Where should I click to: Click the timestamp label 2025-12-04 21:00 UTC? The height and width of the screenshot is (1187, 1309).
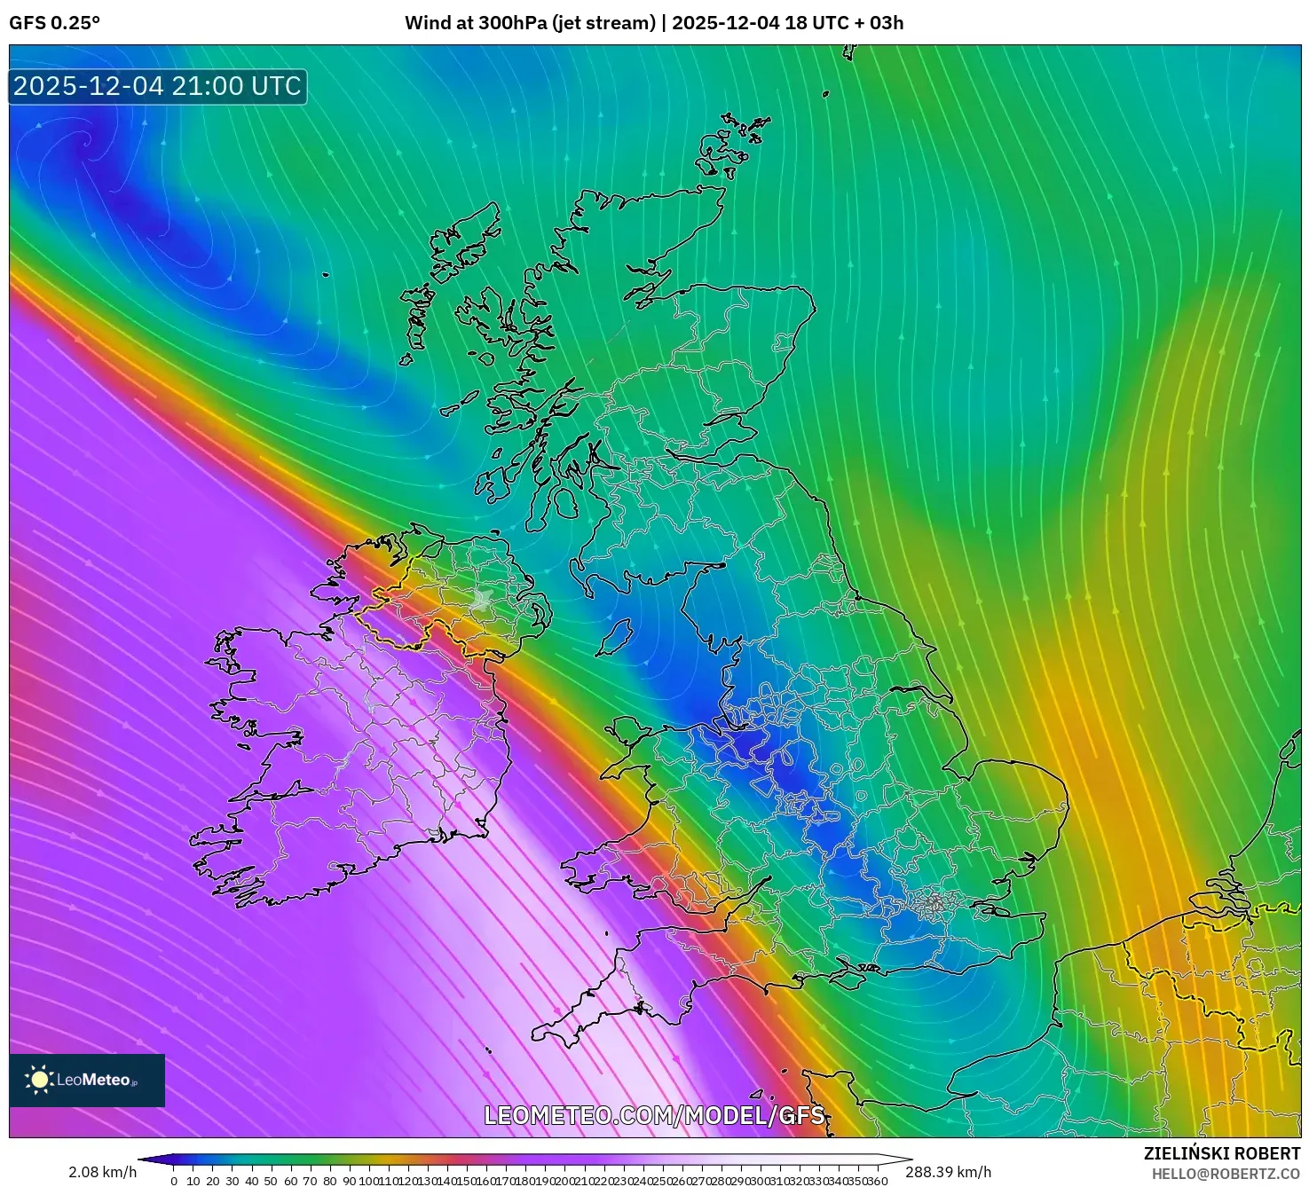click(x=157, y=86)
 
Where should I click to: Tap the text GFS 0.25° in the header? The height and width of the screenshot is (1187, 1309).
click(x=54, y=23)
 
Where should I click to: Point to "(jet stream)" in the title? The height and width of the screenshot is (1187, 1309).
click(x=603, y=23)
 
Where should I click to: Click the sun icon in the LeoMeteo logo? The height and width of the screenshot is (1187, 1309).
click(x=39, y=1080)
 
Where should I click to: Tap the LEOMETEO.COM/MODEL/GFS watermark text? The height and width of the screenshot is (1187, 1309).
click(x=654, y=1115)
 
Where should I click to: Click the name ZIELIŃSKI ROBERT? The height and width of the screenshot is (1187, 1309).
click(x=1222, y=1153)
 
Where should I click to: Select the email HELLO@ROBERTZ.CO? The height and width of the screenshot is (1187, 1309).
click(x=1226, y=1174)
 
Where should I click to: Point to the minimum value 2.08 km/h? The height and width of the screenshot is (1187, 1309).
click(x=102, y=1172)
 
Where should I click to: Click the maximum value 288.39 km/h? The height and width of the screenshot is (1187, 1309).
click(x=948, y=1172)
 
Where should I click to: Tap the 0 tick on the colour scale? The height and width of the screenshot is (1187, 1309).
click(x=174, y=1181)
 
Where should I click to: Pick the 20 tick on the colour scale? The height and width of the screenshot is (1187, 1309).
click(x=213, y=1181)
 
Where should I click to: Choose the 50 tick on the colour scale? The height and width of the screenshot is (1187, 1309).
click(x=271, y=1181)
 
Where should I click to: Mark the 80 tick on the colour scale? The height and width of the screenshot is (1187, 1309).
click(x=330, y=1181)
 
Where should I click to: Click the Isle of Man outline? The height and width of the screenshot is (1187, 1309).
click(x=616, y=637)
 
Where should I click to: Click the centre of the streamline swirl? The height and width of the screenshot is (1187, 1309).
click(x=86, y=139)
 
